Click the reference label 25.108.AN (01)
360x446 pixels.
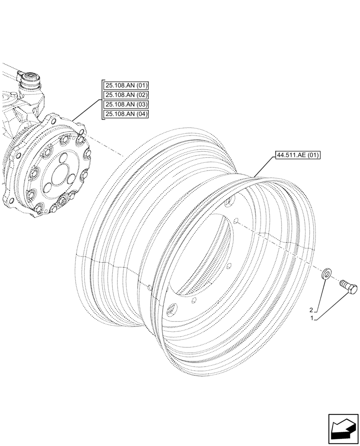point(126,86)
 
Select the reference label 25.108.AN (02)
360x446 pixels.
point(126,95)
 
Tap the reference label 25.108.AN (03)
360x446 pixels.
point(126,104)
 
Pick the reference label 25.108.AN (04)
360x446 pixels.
point(126,114)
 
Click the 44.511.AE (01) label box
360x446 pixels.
point(298,156)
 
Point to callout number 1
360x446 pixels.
point(313,318)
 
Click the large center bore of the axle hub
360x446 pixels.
point(58,176)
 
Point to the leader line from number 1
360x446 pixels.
point(330,305)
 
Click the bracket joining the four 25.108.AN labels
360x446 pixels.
point(101,100)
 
